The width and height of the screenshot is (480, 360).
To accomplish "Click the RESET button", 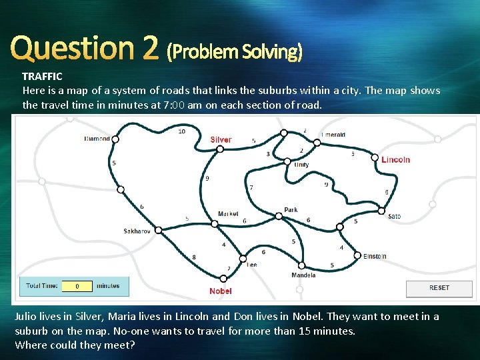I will coord(439,288).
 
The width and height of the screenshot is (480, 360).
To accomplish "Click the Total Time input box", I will coord(78,286).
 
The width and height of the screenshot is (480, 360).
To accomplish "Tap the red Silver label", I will coord(221,140).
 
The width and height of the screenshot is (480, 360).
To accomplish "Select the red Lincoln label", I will coord(396,159).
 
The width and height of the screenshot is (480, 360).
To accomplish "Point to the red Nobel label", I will coord(221,291).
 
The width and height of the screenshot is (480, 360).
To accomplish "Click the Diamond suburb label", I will coord(97,139).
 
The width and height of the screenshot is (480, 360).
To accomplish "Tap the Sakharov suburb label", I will coord(138,231).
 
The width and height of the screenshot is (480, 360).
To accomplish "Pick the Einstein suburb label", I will coord(375,256).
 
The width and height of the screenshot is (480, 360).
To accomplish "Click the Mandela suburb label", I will coord(303,275).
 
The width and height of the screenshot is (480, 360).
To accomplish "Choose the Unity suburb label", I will coord(301,165).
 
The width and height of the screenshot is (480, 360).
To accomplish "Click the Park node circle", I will coord(279,215).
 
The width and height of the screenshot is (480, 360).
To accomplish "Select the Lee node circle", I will coord(243,259).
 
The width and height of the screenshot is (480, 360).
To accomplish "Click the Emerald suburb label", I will coord(333,135).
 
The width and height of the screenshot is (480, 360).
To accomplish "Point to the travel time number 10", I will coord(182,131).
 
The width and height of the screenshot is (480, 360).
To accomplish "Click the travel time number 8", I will coord(194,257).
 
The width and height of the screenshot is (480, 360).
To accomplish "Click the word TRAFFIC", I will coord(42,77).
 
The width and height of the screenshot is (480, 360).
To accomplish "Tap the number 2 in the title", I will coord(149,48).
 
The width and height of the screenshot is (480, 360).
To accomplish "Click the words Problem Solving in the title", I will coord(235,51).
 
